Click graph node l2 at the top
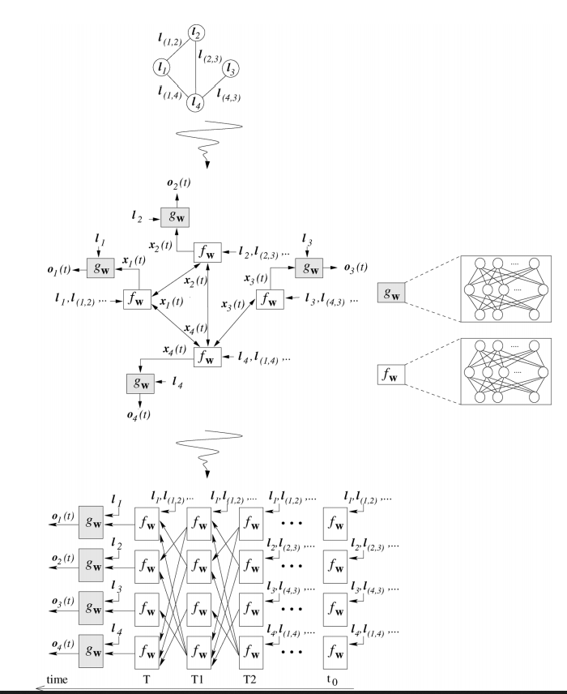pos(197,33)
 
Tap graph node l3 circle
pos(230,68)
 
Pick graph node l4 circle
pos(196,103)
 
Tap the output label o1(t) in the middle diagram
pos(54,268)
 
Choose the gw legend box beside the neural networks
pos(394,294)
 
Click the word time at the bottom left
pos(56,679)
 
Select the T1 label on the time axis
pos(197,679)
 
